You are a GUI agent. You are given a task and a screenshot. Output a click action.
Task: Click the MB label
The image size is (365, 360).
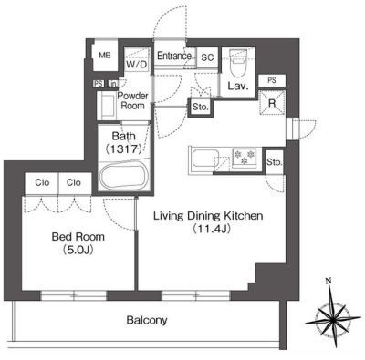[105, 56]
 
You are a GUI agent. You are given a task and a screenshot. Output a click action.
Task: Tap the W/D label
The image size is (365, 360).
[137, 65]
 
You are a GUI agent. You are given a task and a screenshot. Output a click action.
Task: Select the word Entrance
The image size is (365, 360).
[174, 56]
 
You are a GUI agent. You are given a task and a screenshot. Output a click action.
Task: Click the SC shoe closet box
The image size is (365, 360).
[207, 57]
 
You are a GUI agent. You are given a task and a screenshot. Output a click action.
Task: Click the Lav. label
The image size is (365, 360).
[238, 86]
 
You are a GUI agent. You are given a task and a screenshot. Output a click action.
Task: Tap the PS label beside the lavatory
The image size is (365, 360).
[272, 80]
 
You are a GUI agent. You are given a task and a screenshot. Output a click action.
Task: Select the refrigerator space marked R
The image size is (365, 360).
[272, 103]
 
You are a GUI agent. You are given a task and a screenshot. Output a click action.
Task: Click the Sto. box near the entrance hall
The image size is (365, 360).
[201, 107]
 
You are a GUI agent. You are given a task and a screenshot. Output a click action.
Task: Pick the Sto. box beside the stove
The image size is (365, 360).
[274, 162]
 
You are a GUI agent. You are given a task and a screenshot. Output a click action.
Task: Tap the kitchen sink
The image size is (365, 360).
[203, 160]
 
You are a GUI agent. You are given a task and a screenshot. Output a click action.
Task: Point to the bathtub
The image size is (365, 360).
[125, 177]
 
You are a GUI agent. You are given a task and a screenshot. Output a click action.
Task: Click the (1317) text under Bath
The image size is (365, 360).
[124, 149]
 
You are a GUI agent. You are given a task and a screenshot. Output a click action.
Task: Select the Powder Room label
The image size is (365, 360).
[132, 101]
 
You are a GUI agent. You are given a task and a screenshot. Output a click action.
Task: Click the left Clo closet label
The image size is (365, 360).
[42, 182]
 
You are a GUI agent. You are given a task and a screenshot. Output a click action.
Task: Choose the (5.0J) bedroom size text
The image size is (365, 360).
[78, 250]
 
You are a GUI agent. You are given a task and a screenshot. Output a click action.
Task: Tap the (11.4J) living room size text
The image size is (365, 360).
[211, 229]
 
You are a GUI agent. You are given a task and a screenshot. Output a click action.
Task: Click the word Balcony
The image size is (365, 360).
[147, 320]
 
